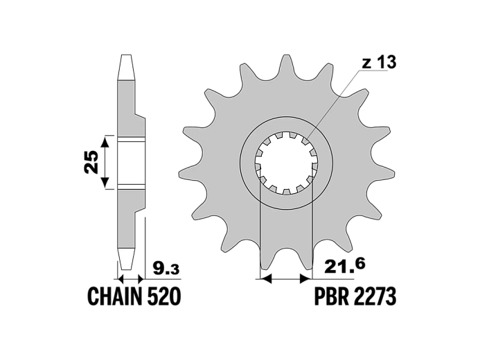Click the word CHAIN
[115, 296]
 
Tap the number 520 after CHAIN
[164, 296]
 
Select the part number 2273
[375, 296]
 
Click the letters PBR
[332, 296]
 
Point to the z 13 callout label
[379, 63]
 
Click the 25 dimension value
[92, 162]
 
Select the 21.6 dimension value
[344, 265]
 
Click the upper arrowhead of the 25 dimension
[105, 142]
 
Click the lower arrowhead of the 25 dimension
[105, 182]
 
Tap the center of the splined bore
[286, 163]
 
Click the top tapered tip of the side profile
[127, 67]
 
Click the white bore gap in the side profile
[131, 163]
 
